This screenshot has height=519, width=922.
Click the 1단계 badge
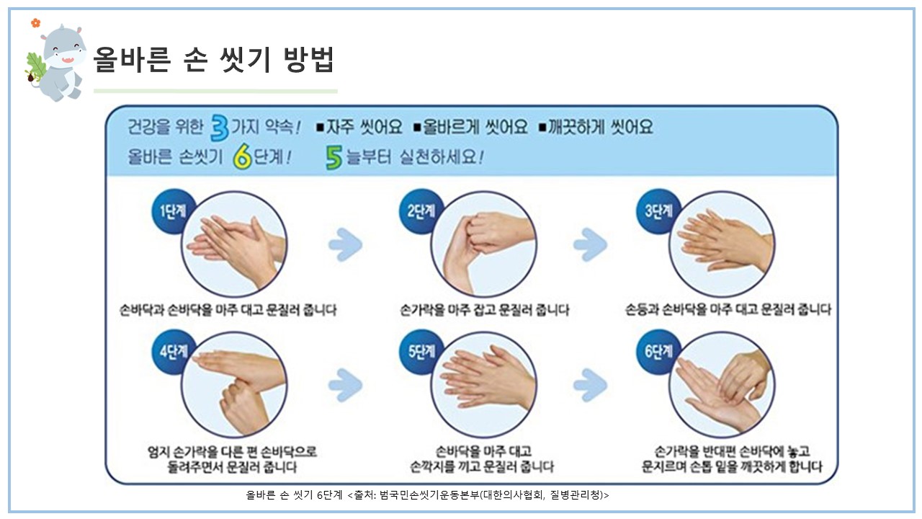pos(174,211)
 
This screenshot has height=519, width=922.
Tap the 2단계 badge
pos(421,211)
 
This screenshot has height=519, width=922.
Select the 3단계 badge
pos(658,211)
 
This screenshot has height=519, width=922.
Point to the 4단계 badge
pos(174,351)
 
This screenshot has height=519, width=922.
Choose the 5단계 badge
pos(421,351)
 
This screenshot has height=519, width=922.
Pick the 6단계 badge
pos(658,351)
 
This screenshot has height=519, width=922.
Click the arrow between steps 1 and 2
pos(346,244)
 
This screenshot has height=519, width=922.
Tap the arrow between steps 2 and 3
pos(590,244)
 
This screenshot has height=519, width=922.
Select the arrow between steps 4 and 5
pos(346,385)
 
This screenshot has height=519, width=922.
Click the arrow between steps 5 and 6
pos(590,385)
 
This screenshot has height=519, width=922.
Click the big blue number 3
pos(220,128)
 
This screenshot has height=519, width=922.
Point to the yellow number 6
pos(242,157)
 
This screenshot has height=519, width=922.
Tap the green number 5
pos(334,158)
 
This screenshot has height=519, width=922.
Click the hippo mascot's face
pos(64,50)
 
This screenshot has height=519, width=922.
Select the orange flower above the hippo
pos(36,23)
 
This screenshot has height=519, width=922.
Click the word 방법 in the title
pos(309,60)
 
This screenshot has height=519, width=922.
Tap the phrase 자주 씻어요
pos(364,127)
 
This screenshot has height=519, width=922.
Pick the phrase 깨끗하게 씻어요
pos(600,127)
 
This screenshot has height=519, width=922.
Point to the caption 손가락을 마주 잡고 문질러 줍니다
pos(485,310)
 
